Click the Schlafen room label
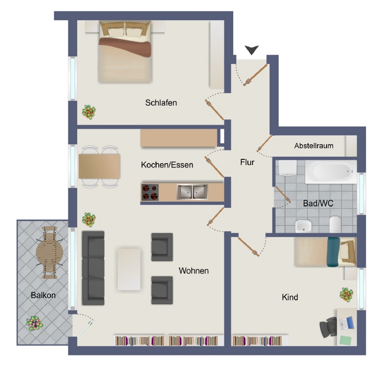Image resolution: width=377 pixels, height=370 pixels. (x=161, y=102)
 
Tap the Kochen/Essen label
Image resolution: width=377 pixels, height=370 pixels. (x=167, y=165)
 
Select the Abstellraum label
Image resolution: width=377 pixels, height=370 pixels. (x=314, y=146)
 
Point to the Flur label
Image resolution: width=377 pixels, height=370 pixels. (x=247, y=162)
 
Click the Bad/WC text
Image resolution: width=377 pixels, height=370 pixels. (x=318, y=204)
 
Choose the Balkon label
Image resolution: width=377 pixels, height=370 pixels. (x=43, y=295)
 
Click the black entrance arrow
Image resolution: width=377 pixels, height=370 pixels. (x=252, y=50)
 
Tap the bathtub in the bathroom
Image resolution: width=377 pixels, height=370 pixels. (x=331, y=172)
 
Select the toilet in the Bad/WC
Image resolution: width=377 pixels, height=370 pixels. (x=335, y=224)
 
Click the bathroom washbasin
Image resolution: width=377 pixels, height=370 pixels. (x=303, y=226)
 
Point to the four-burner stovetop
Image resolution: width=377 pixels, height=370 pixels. (x=150, y=192)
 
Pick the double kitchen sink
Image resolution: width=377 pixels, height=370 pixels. (x=192, y=192)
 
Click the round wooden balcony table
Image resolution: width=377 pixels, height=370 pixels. (x=49, y=252)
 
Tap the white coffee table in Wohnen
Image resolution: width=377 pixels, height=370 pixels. (x=129, y=269)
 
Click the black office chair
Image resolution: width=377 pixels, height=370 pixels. (x=328, y=327)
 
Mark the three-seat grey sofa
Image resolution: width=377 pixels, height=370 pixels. (x=93, y=268)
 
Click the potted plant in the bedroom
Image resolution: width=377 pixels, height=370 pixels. (x=89, y=112)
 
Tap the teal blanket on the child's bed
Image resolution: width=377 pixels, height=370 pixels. (x=334, y=252)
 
